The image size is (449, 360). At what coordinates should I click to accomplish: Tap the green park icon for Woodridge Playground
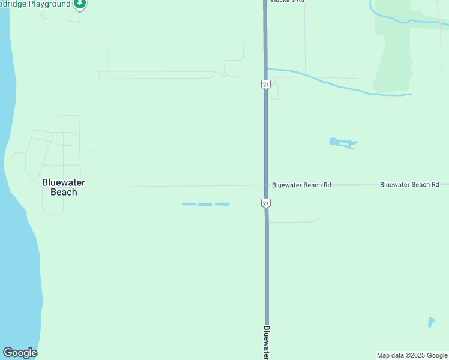coord(80,4)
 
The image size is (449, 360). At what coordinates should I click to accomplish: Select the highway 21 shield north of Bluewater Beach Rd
coord(265,84)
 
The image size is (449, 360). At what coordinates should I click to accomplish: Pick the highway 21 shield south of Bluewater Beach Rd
coord(265,203)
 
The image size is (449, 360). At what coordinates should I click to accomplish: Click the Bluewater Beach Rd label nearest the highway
coord(301,185)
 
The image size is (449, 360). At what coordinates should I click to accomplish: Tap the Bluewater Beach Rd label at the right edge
coord(409,185)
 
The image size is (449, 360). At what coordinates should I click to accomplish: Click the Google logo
coord(20,353)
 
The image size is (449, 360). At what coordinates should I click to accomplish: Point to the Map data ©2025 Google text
coord(412,355)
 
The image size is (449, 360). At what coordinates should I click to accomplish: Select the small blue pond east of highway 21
coord(342,143)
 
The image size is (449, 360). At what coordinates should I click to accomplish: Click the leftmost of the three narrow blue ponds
coord(188,205)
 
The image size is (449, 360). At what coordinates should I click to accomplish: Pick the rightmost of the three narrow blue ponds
coord(222,204)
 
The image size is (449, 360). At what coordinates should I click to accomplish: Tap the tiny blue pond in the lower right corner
coord(431,322)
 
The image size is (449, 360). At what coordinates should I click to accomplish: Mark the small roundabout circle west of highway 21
coord(224,75)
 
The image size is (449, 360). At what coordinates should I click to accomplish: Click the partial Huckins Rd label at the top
coord(288,2)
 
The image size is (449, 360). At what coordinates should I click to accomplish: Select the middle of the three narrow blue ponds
coord(205,205)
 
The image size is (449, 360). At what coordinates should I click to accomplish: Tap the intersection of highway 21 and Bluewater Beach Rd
coord(265,185)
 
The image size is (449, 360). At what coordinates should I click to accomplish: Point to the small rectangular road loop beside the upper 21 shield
coord(274,91)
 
